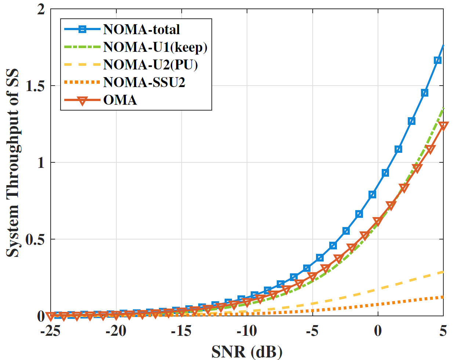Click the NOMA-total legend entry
(141, 29)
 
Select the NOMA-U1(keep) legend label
(155, 47)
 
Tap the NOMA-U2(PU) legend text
(150, 65)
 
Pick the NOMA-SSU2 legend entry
(144, 82)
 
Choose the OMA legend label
(120, 100)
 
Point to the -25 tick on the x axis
(51, 331)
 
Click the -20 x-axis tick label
(116, 331)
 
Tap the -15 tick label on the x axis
(181, 331)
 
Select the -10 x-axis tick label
(247, 331)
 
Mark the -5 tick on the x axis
(312, 331)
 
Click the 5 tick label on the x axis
(443, 331)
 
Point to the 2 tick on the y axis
(41, 9)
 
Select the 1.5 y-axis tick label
(36, 86)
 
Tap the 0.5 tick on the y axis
(36, 240)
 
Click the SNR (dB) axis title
(247, 352)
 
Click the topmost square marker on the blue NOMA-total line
(437, 60)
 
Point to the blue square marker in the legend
(82, 29)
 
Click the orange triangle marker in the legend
(82, 101)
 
